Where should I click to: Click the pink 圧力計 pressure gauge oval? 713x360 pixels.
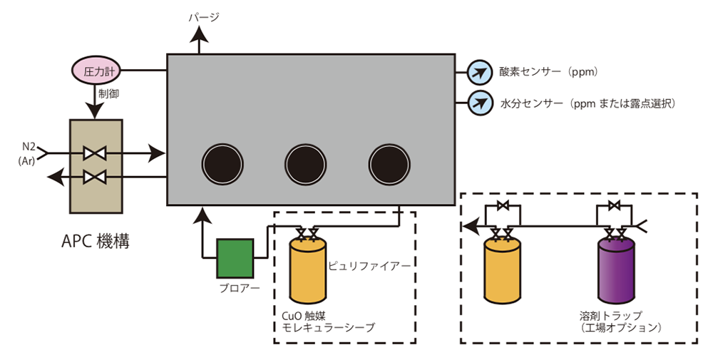click(x=95, y=71)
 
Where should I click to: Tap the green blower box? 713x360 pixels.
click(x=235, y=258)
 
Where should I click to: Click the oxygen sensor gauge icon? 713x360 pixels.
click(x=480, y=72)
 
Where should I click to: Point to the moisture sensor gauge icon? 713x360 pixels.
click(x=480, y=103)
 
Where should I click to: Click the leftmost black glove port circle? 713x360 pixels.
click(x=222, y=164)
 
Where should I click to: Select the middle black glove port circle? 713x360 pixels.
click(x=306, y=164)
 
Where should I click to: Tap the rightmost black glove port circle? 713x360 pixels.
click(x=390, y=164)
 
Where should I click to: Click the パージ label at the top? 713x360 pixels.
click(x=204, y=17)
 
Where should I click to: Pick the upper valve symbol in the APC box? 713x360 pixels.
click(x=95, y=153)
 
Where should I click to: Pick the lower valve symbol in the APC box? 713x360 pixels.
click(x=95, y=177)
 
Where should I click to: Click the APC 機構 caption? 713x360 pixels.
click(x=96, y=241)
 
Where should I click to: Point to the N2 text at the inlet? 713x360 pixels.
click(x=29, y=146)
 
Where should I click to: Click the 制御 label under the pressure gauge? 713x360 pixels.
click(x=109, y=94)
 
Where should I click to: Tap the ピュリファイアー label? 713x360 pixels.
click(x=369, y=266)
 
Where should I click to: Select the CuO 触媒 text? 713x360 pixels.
click(x=304, y=316)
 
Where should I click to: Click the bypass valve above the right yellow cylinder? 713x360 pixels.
click(x=503, y=206)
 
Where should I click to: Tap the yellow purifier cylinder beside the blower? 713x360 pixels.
click(x=308, y=271)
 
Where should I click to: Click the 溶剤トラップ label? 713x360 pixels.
click(x=611, y=316)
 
